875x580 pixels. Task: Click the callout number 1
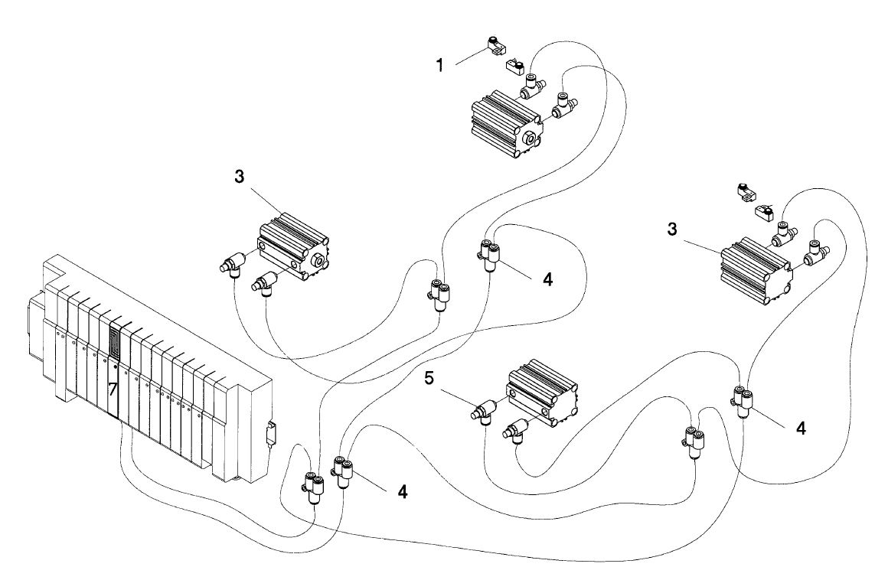[x=440, y=65]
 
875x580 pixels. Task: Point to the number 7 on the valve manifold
[x=113, y=389]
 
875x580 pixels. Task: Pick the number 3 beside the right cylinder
[x=672, y=230]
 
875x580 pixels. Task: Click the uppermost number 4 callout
[x=547, y=280]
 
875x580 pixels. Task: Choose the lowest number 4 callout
[x=403, y=491]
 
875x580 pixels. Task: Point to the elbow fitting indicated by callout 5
[x=486, y=410]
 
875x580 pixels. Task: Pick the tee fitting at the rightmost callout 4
[x=742, y=400]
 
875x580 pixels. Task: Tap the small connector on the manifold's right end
[x=270, y=437]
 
